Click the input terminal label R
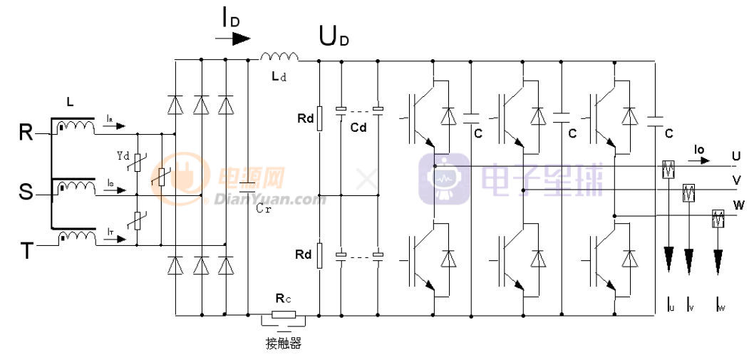coord(26,133)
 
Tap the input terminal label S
coord(26,192)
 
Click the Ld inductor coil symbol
coord(279,57)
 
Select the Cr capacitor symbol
coord(247,187)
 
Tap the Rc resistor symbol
coord(283,314)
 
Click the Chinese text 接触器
coord(284,344)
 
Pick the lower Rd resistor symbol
coord(319,254)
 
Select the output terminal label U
coord(735,155)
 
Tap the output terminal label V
coord(735,180)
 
